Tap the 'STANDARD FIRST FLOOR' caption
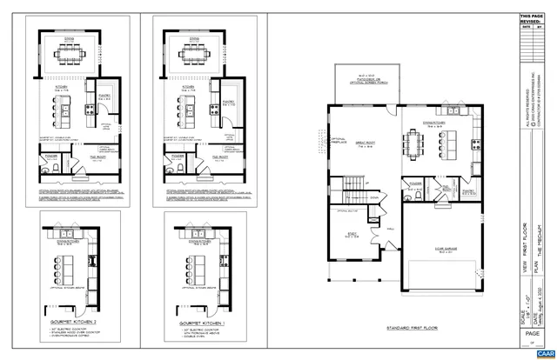pos(405,303)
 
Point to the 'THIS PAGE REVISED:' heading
pos(530,19)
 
